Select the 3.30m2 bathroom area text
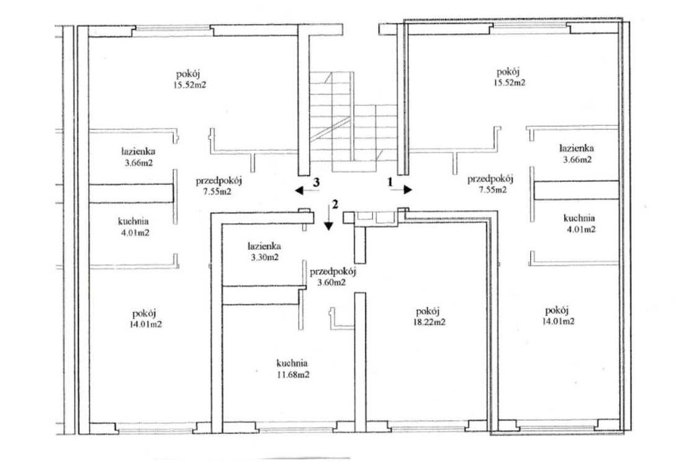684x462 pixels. [x=264, y=257]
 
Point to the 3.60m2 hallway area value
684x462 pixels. [x=332, y=283]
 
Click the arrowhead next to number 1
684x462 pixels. [x=408, y=190]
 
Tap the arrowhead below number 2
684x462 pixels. [x=328, y=226]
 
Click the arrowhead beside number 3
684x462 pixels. [x=300, y=190]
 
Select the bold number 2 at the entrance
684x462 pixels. [x=335, y=204]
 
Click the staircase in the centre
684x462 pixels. [x=354, y=123]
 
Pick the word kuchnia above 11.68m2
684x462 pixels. [x=292, y=363]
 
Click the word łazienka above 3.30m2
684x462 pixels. [x=264, y=246]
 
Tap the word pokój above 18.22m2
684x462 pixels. [x=428, y=311]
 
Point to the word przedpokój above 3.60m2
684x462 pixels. [x=333, y=272]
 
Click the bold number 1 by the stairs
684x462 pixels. [x=391, y=183]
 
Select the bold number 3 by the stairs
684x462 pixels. [x=317, y=182]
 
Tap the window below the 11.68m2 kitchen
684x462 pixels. [x=295, y=426]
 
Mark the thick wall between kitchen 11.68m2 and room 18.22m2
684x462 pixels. [x=360, y=363]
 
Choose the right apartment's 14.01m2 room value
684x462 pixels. [x=558, y=322]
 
